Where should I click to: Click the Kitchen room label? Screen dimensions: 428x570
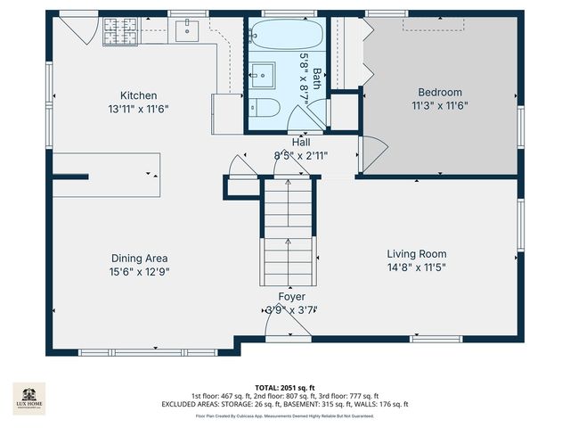click(139, 95)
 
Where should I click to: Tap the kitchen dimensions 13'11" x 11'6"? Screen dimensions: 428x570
click(139, 108)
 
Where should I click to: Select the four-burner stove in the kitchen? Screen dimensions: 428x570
click(120, 33)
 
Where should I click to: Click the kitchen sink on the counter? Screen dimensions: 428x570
click(187, 32)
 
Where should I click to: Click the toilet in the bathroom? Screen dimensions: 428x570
click(266, 108)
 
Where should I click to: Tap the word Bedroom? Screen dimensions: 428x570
click(440, 93)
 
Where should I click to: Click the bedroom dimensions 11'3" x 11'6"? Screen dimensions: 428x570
click(440, 105)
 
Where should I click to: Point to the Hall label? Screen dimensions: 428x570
click(301, 142)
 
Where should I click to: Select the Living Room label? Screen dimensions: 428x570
click(416, 253)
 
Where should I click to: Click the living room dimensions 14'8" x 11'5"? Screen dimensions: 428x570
click(416, 267)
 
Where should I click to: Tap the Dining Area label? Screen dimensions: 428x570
click(139, 259)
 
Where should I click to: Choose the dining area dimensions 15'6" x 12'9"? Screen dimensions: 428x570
click(139, 271)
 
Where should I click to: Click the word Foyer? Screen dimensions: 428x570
click(291, 297)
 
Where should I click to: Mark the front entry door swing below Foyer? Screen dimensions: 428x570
click(289, 327)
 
